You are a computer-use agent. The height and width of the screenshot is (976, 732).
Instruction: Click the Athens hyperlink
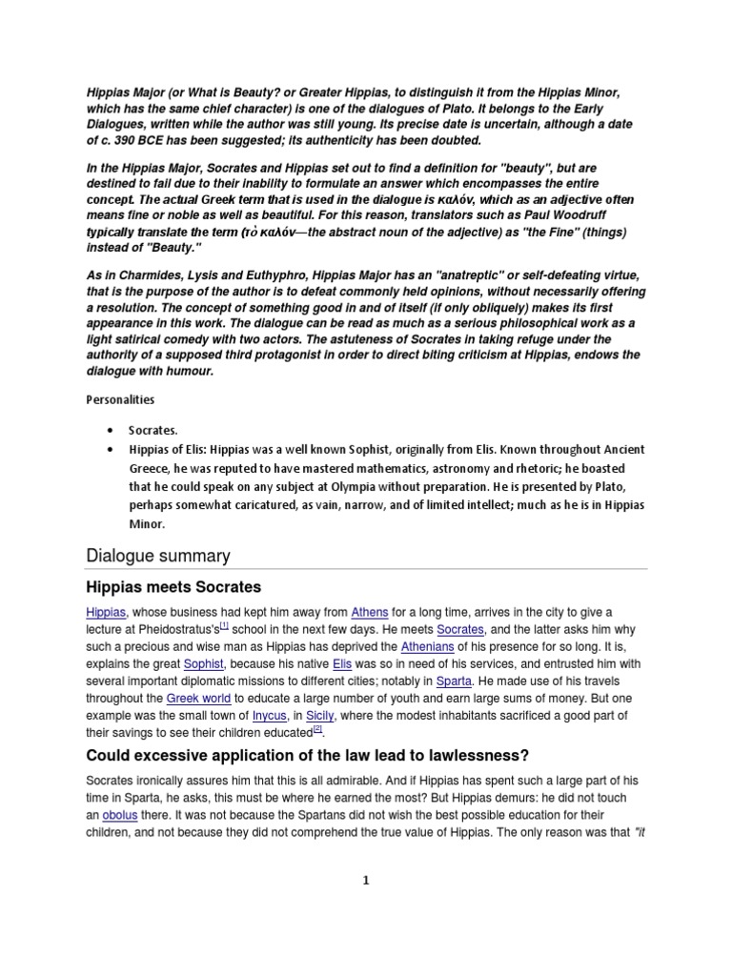pyautogui.click(x=369, y=611)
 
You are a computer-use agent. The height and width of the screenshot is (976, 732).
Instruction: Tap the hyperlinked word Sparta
pyautogui.click(x=454, y=680)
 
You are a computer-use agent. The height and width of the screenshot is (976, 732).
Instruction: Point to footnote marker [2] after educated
pyautogui.click(x=317, y=729)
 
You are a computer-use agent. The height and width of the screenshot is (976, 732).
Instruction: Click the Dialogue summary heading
pyautogui.click(x=157, y=555)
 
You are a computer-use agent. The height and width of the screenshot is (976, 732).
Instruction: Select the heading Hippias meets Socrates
pyautogui.click(x=173, y=586)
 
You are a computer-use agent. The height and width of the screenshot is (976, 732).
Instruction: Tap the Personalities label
pyautogui.click(x=120, y=399)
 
